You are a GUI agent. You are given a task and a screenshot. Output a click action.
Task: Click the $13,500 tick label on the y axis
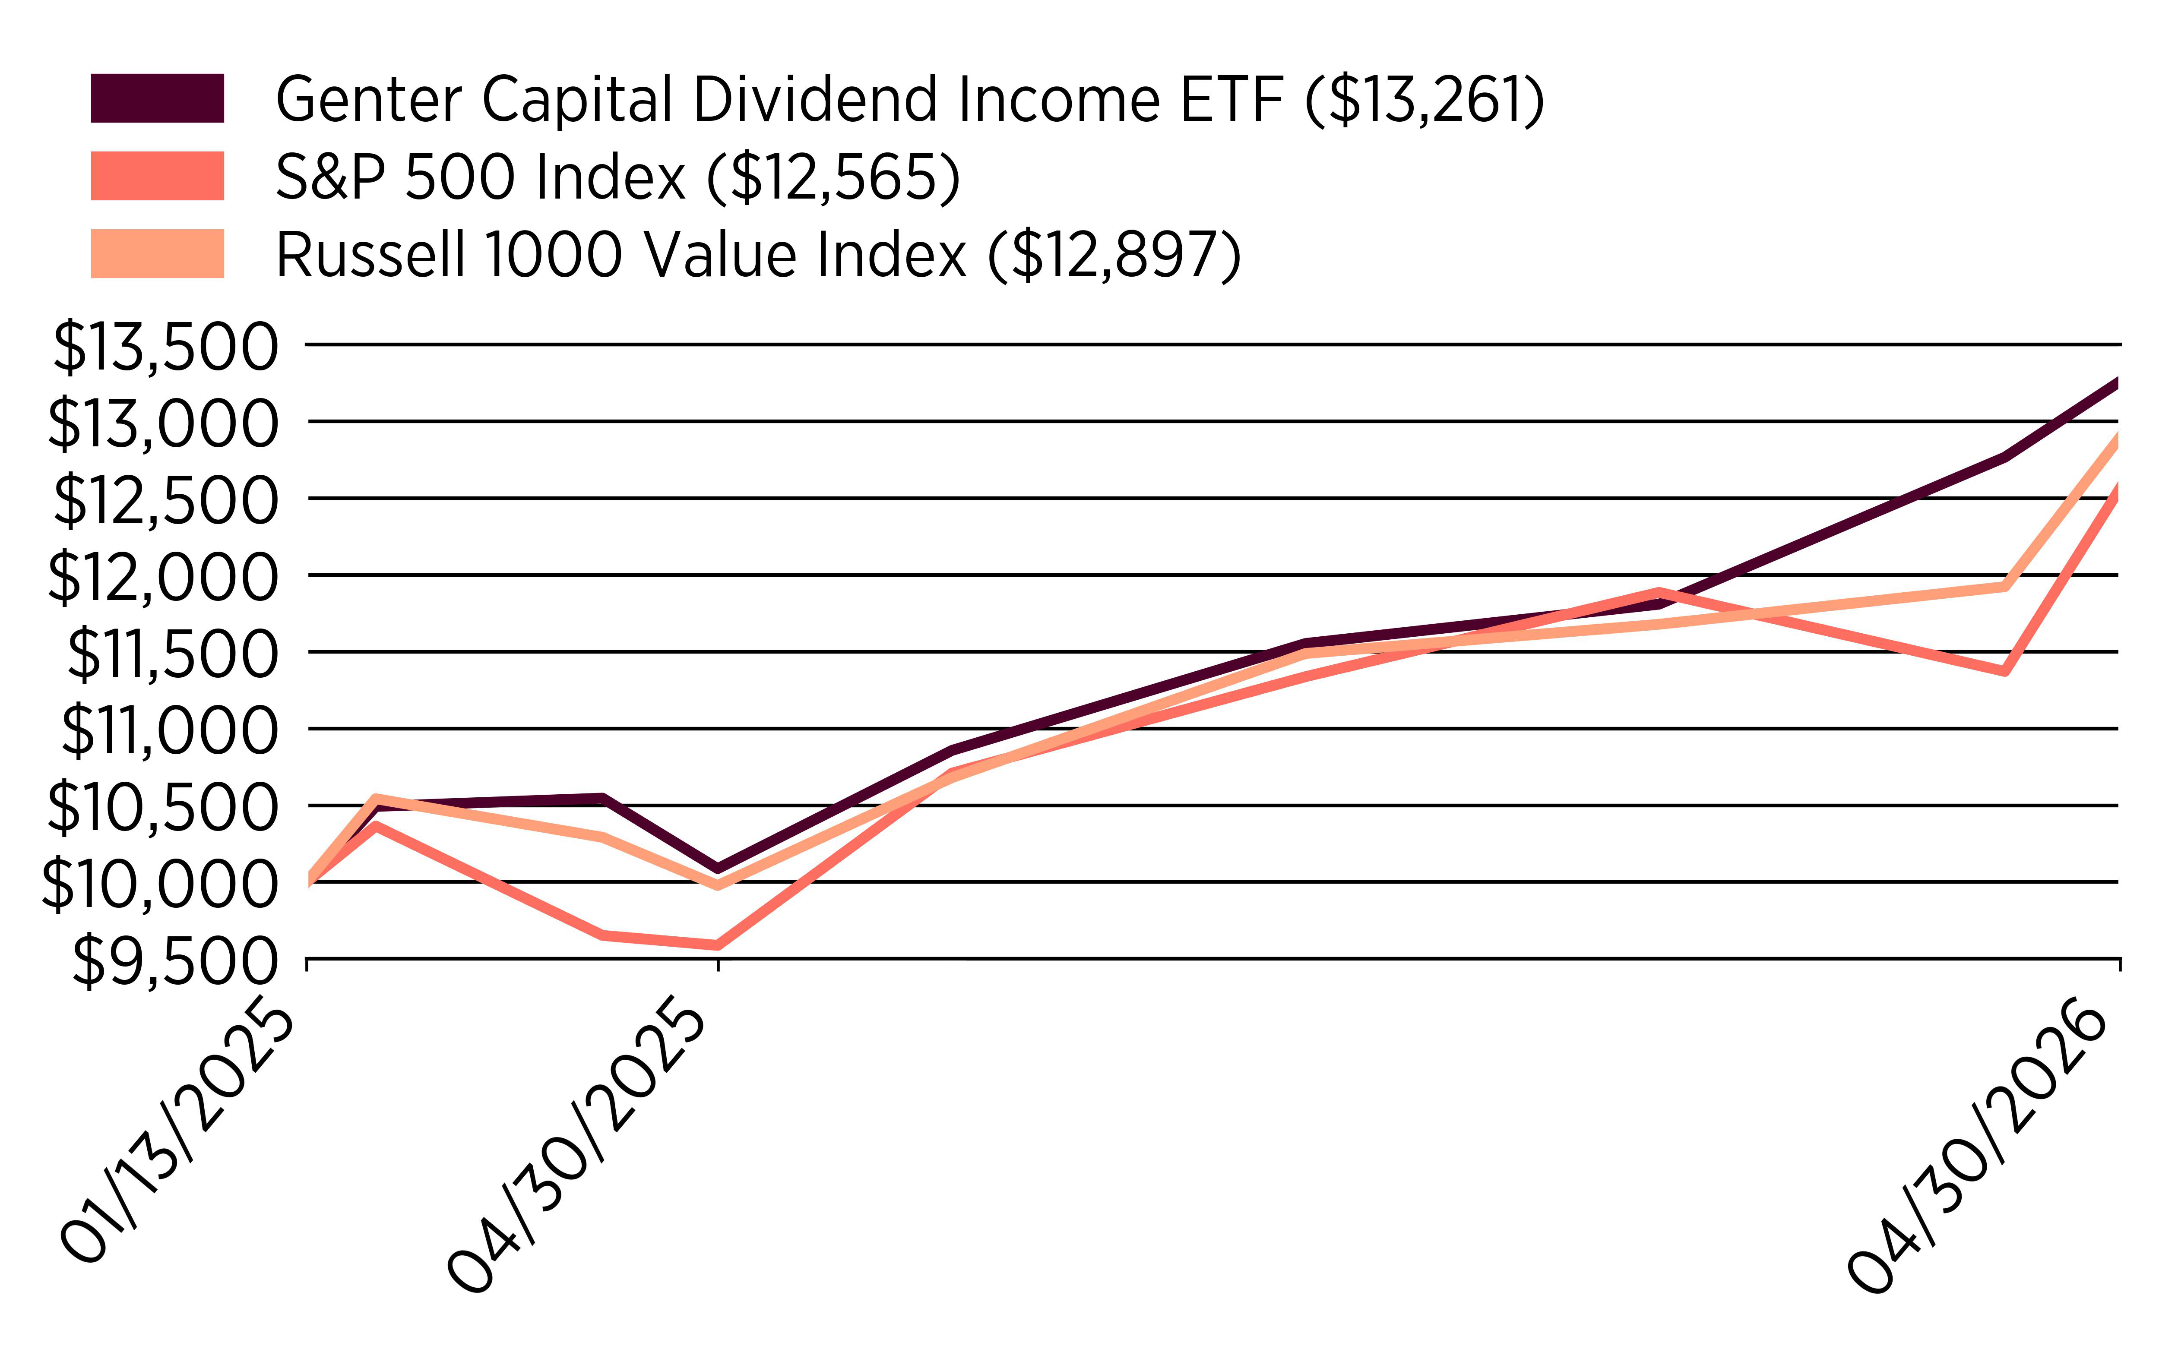coord(165,347)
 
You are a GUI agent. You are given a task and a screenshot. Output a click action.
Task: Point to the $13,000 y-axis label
coord(162,424)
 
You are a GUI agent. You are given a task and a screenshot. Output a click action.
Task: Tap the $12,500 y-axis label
coord(165,500)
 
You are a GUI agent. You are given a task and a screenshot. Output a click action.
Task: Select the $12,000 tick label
coord(162,577)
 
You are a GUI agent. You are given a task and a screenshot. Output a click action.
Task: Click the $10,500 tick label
coord(162,807)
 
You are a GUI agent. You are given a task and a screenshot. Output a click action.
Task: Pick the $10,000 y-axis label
coord(160,884)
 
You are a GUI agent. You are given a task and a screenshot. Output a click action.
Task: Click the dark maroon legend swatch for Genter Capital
coord(157,98)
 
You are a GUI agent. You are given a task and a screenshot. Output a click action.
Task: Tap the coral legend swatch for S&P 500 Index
coord(157,176)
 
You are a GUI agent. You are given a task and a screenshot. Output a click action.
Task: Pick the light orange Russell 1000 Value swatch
coord(157,253)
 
